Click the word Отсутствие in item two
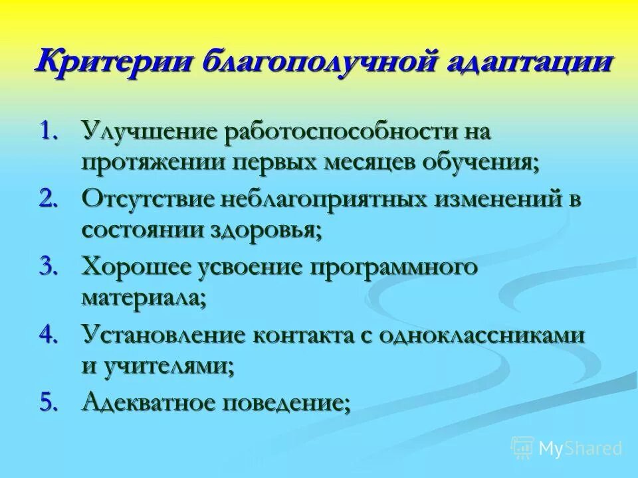(x=150, y=199)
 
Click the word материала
(x=144, y=298)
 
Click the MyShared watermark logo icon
(x=522, y=447)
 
